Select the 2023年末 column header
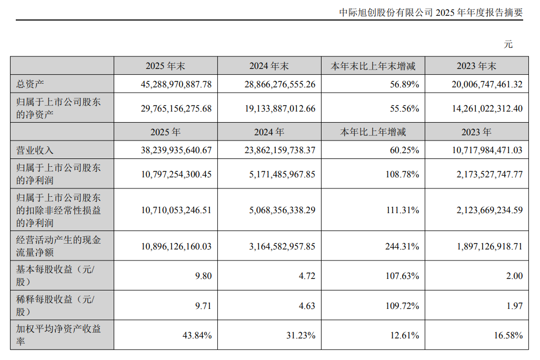click(x=477, y=66)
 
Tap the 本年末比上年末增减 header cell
click(x=373, y=66)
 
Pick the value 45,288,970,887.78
click(x=176, y=84)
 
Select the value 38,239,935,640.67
click(x=176, y=150)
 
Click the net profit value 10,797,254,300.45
click(x=176, y=174)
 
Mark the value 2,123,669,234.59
click(x=487, y=210)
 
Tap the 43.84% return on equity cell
click(x=198, y=335)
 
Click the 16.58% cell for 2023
click(x=509, y=335)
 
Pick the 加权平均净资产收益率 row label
click(x=58, y=335)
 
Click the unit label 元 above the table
click(x=508, y=44)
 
